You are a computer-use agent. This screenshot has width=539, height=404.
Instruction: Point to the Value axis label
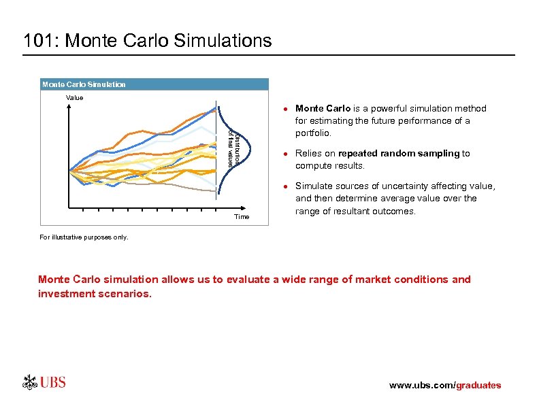[x=74, y=98]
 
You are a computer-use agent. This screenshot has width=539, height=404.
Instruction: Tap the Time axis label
[x=241, y=217]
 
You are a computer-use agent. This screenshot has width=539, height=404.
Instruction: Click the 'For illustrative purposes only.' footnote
[x=83, y=237]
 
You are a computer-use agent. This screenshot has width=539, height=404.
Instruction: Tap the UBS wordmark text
[x=53, y=383]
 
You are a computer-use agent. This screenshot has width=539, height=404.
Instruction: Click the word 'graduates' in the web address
[x=478, y=386]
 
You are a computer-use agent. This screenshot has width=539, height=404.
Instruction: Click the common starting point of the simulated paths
[x=69, y=171]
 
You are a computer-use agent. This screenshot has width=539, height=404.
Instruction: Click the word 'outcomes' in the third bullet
[x=392, y=211]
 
